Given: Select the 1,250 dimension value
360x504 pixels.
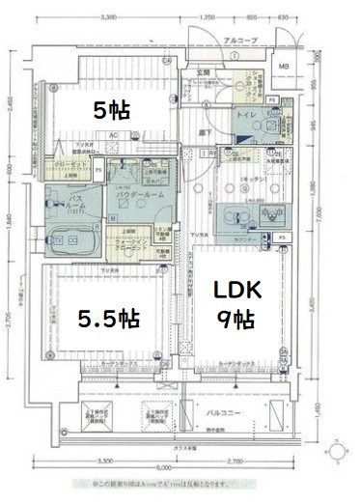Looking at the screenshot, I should pos(206,17).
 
